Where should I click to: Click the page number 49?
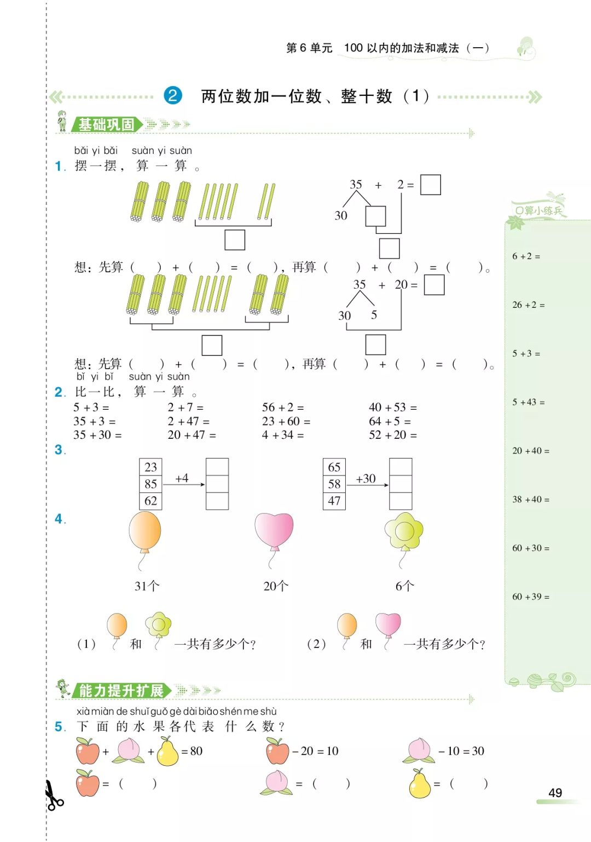click(x=555, y=793)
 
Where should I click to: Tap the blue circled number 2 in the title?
click(x=173, y=96)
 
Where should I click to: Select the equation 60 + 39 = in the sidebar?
click(x=530, y=597)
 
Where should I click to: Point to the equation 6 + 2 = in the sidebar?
click(x=526, y=256)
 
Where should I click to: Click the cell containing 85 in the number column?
click(x=150, y=484)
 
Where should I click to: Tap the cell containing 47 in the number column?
click(x=334, y=501)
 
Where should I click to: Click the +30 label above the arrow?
click(x=366, y=478)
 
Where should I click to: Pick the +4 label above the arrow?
click(x=182, y=478)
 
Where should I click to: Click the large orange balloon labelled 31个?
click(x=145, y=531)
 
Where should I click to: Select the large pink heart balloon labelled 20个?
click(x=274, y=530)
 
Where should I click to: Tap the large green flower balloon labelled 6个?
click(x=404, y=531)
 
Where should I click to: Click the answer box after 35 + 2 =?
click(x=430, y=185)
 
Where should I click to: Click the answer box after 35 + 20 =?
click(x=434, y=285)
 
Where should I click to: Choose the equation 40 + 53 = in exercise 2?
click(x=392, y=408)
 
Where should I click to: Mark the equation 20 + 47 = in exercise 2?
click(x=192, y=435)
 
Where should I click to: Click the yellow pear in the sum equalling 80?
click(x=168, y=751)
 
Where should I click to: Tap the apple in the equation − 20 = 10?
click(x=277, y=751)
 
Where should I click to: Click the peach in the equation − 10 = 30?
click(x=419, y=751)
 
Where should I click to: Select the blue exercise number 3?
click(x=60, y=450)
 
